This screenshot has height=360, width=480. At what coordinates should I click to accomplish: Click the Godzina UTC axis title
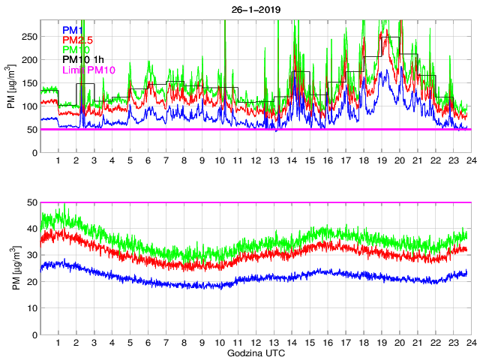(255, 353)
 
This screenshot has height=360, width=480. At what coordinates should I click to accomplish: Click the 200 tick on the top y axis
(29, 59)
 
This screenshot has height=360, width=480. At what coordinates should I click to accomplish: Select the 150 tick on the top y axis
(29, 82)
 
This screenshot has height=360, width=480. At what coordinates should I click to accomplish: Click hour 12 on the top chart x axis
(256, 161)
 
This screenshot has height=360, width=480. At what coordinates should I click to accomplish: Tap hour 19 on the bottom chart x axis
(381, 343)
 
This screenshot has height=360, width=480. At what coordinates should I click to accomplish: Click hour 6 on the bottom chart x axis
(148, 343)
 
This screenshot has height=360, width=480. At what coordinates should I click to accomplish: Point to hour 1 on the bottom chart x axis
(58, 343)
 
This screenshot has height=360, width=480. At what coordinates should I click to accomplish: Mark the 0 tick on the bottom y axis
(34, 334)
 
